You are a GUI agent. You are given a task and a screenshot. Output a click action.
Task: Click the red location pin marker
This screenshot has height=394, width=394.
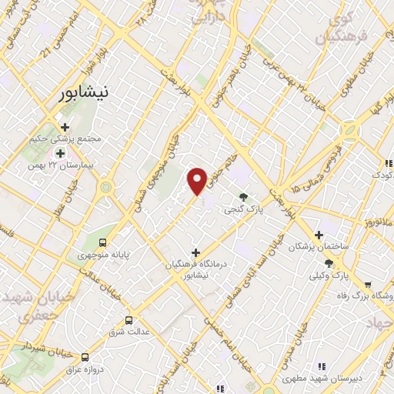(198, 181)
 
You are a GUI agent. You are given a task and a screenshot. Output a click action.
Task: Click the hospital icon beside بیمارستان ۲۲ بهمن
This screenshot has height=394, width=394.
(60, 153)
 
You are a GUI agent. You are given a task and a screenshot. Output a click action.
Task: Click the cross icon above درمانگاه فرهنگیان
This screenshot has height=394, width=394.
(196, 252)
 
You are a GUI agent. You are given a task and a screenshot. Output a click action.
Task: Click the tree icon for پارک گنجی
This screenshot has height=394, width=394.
(244, 197)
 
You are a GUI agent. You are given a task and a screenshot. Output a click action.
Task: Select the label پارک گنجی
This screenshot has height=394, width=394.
(243, 209)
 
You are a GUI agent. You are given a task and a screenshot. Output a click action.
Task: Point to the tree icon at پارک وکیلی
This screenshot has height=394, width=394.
(329, 262)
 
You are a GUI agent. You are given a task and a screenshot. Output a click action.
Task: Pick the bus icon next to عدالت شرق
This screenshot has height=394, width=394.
(129, 320)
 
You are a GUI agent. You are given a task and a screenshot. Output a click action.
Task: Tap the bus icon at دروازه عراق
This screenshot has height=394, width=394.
(85, 357)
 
